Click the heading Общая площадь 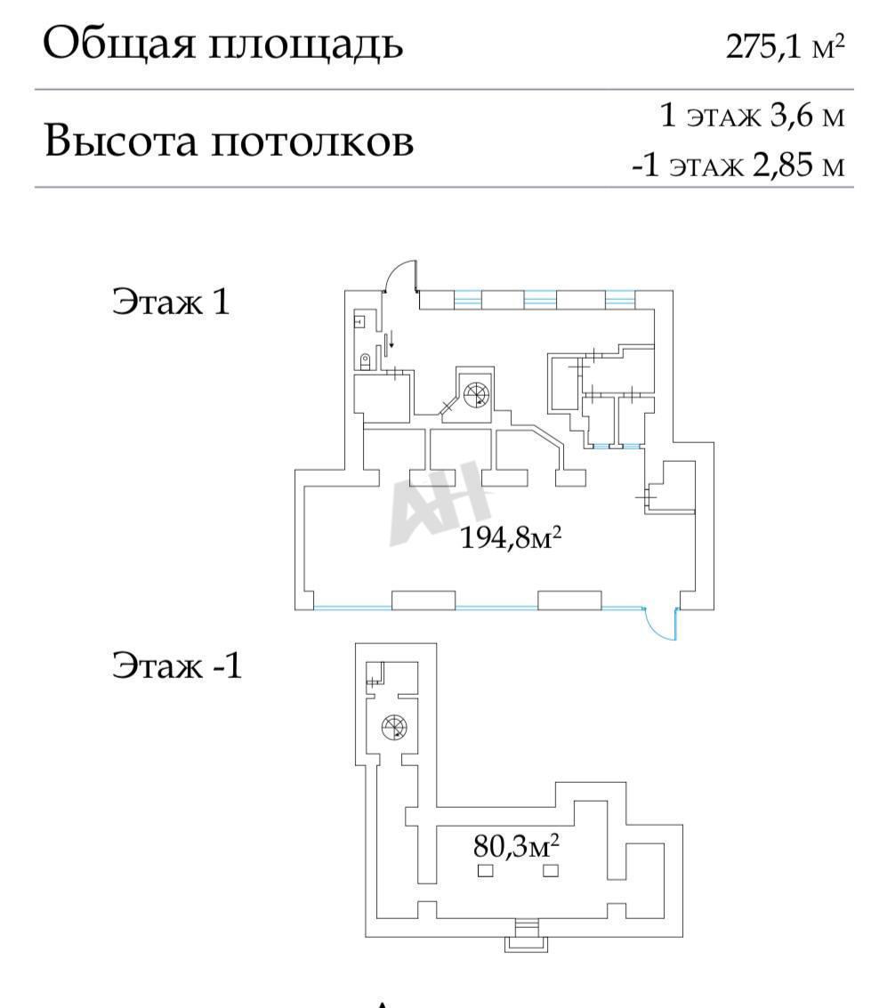(222, 44)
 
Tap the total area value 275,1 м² (784, 46)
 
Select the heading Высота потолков (229, 141)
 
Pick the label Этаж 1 (170, 302)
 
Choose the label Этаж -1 (176, 665)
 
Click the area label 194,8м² (513, 538)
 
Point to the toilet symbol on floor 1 (364, 360)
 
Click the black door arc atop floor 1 (398, 274)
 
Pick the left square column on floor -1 (485, 870)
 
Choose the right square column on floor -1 (551, 870)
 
